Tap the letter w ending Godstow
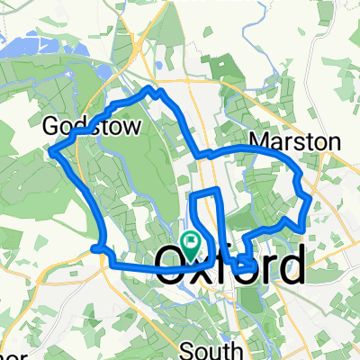[131, 128]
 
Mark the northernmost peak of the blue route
[149, 88]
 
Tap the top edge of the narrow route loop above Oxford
[205, 191]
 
